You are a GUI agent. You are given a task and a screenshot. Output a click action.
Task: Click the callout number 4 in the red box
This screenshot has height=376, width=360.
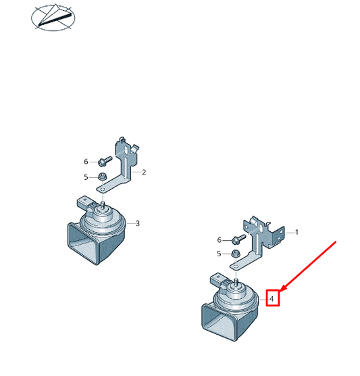pos(272,299)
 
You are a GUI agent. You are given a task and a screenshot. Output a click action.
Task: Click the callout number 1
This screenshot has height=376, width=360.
pos(297,232)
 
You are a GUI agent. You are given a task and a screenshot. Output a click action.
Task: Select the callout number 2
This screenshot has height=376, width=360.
pos(144,172)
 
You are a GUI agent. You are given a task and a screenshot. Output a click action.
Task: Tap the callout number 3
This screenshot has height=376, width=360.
pos(137,223)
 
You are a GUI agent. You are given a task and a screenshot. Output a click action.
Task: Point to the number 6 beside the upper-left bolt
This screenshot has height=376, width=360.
pos(86,162)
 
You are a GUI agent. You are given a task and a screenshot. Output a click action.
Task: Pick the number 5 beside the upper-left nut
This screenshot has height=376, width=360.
pos(86,177)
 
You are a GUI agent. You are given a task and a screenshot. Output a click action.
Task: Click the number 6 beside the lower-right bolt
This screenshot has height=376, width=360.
pos(219,240)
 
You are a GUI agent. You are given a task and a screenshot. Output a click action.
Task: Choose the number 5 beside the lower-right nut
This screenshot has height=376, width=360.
pos(219,254)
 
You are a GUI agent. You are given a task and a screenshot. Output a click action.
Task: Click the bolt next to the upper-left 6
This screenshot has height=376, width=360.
pos(105,161)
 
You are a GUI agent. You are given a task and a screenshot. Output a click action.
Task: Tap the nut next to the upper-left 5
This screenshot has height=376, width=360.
pos(103,177)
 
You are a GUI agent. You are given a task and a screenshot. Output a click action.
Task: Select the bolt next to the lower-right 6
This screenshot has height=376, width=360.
pos(238,239)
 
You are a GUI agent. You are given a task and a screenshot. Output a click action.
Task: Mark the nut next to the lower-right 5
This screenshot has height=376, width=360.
pos(236,254)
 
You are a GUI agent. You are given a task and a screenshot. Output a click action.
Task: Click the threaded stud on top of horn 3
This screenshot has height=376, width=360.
pos(103,205)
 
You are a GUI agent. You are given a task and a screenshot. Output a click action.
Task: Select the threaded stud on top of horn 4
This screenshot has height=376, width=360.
pos(236,282)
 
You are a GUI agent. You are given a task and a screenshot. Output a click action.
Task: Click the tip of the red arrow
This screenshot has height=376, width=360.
pos(280,291)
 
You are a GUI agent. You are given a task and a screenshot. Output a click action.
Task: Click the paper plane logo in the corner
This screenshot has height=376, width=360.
pos(53,18)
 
